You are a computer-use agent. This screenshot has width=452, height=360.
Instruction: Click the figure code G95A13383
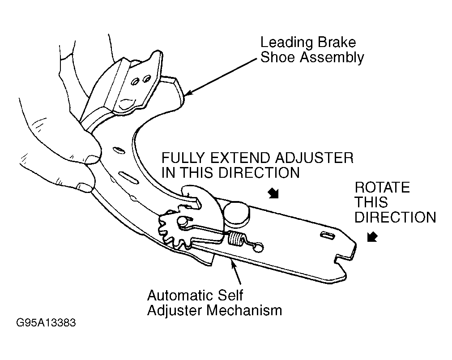tap(46, 322)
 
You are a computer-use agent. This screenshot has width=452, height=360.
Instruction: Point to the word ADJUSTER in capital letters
tap(314, 158)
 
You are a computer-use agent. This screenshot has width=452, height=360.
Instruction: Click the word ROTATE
tap(382, 188)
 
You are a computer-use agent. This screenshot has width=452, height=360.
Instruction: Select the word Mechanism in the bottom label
tap(244, 310)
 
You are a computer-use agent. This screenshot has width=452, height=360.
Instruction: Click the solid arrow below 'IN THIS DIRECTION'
tap(273, 193)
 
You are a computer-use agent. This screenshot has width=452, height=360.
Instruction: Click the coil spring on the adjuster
tap(236, 238)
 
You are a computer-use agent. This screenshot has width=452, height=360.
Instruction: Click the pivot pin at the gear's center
tap(182, 221)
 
